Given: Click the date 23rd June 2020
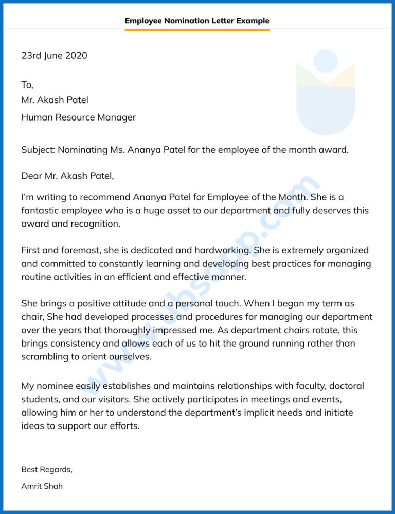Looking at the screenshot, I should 54,56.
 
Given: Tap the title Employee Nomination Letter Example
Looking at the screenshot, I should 197,21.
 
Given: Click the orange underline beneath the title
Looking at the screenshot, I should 197,30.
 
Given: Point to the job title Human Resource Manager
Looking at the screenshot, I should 78,117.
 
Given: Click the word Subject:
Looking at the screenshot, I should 38,150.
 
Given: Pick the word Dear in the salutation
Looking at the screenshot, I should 31,176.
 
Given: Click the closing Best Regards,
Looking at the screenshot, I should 47,469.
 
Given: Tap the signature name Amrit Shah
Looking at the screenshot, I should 42,486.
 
